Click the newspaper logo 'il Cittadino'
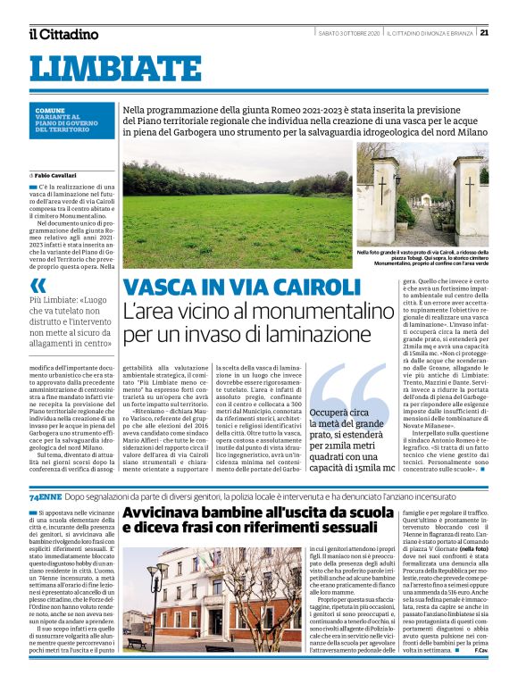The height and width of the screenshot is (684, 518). coord(63,34)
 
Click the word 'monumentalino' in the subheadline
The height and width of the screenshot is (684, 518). coord(317,313)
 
